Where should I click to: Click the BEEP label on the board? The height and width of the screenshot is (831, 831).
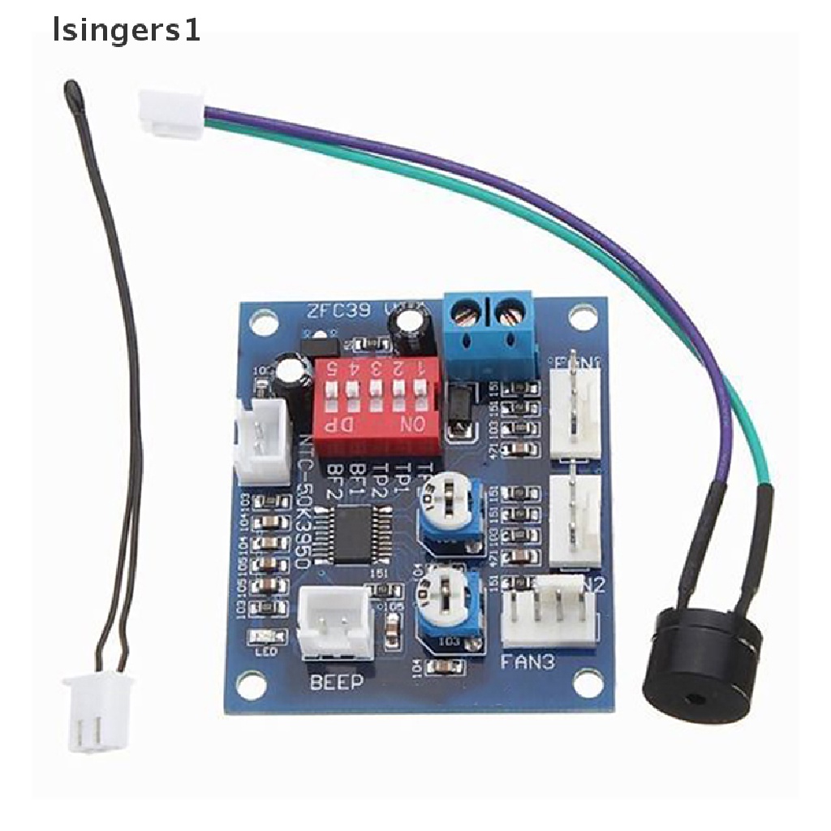(337, 682)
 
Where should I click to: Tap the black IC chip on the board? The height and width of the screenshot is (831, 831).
(353, 532)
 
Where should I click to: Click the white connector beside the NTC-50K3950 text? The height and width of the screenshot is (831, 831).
(260, 441)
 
